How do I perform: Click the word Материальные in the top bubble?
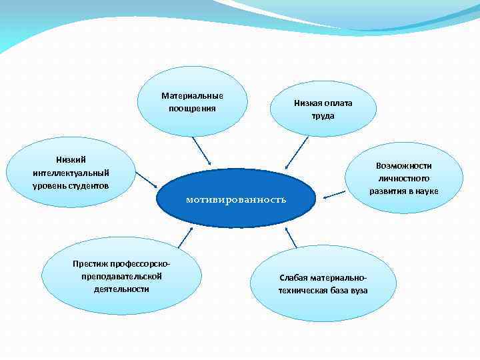(192, 95)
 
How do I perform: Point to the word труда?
(323, 115)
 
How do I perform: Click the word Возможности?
(404, 165)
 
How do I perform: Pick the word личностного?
(404, 178)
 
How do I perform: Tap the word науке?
(425, 191)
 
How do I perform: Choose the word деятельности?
(121, 289)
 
